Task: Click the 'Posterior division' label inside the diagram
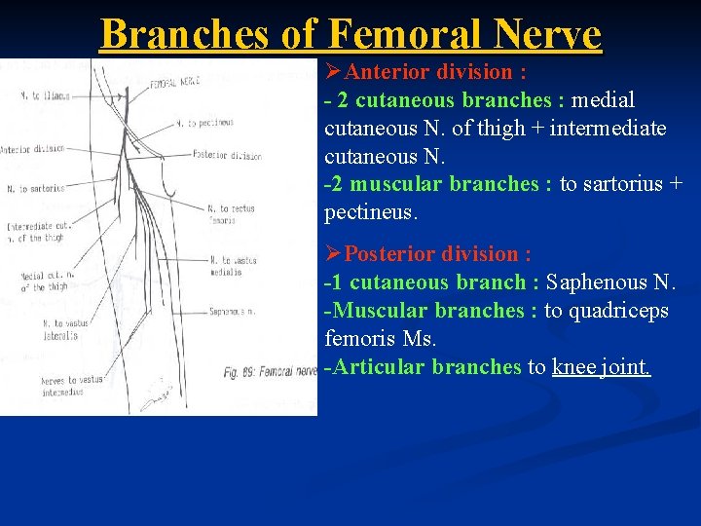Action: coord(227,155)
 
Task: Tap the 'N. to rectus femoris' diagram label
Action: coord(230,213)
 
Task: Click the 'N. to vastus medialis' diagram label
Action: coord(232,266)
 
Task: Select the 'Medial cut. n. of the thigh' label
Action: coord(47,282)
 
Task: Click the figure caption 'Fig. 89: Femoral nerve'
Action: coord(269,371)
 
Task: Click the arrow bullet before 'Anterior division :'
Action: coord(335,71)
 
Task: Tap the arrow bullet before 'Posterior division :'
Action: coord(335,254)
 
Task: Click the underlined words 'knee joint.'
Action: coord(601,367)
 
